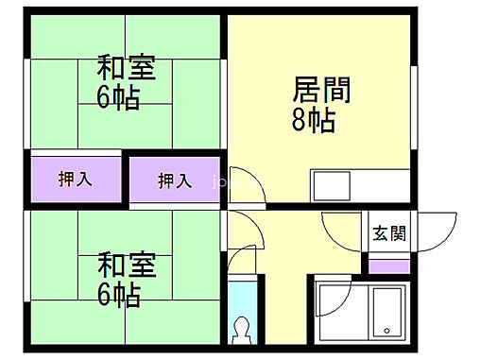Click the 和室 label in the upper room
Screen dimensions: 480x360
[x=126, y=70]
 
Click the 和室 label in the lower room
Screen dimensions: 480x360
[x=126, y=262]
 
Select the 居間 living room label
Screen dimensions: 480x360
[x=322, y=92]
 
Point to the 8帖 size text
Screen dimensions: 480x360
[x=313, y=122]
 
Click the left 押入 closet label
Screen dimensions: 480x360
[x=76, y=179]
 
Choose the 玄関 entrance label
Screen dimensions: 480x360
[x=388, y=233]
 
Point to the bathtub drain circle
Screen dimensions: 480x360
[x=387, y=330]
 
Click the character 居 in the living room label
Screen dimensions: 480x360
[x=307, y=92]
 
